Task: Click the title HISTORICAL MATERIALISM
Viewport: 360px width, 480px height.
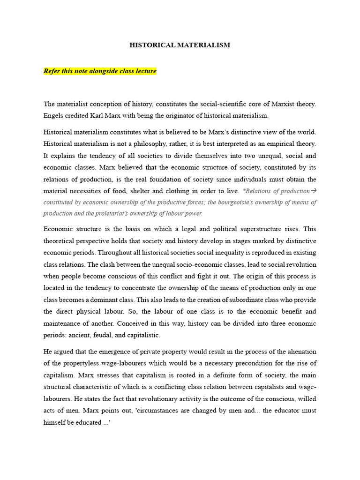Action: coord(180,45)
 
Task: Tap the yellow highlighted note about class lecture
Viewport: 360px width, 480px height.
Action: coord(100,71)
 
